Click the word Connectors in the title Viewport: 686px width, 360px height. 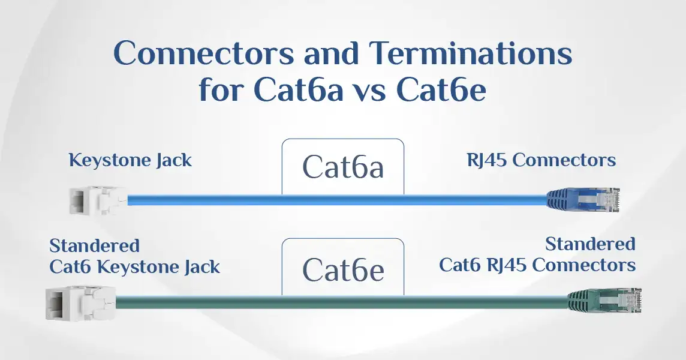point(203,53)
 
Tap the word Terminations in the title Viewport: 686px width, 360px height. point(471,53)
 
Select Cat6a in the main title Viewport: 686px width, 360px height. point(299,90)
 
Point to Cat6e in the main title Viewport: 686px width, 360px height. point(441,90)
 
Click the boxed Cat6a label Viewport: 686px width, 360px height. point(343,167)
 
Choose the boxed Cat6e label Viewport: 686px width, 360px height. point(343,270)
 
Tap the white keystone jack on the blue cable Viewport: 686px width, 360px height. point(98,200)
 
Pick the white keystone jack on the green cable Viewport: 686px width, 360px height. point(81,303)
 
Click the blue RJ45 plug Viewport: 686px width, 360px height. point(583,200)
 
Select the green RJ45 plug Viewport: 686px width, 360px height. point(604,301)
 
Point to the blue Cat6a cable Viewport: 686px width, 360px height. point(338,200)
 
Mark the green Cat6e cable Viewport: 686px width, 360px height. point(342,302)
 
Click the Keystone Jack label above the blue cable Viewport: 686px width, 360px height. point(130,160)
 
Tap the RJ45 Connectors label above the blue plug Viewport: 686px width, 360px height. point(541,160)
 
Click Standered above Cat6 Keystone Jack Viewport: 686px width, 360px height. point(95,245)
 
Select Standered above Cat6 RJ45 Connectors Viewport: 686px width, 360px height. point(590,244)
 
